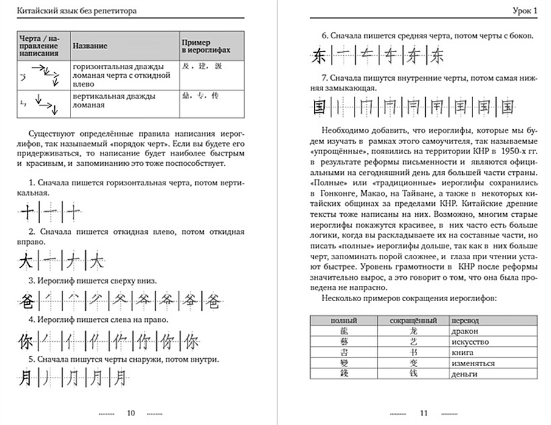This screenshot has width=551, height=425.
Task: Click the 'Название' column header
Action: (x=89, y=46)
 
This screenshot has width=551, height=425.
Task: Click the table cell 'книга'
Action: (x=461, y=353)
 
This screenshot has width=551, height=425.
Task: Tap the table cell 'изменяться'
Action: (x=473, y=363)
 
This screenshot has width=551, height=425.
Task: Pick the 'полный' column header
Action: (x=344, y=321)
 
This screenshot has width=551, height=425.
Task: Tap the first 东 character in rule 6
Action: (x=319, y=57)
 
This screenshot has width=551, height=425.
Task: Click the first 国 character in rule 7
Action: (x=319, y=107)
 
